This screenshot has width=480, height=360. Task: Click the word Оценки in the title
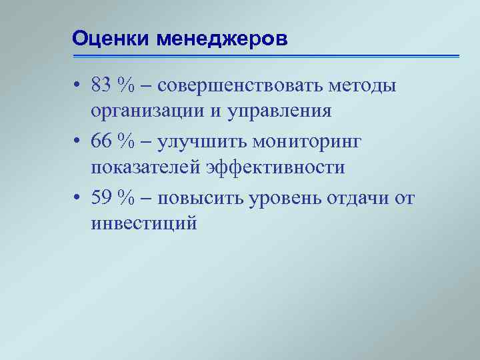coord(111,39)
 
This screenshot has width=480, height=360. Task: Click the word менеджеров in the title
coord(221,39)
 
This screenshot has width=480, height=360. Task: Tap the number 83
coord(103,85)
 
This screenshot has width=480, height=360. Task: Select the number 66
coord(103,142)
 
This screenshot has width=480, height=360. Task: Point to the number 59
coord(103,198)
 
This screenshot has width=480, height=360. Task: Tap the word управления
coord(280,111)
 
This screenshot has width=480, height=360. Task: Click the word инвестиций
coord(144,223)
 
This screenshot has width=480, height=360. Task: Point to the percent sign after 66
coord(127,142)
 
